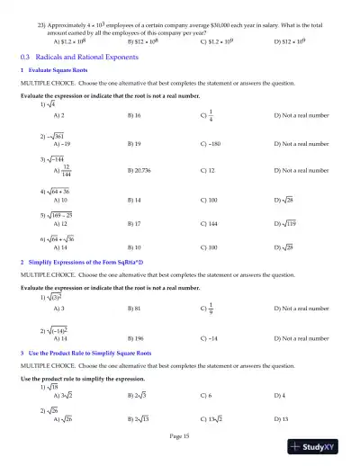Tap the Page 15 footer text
click(x=180, y=435)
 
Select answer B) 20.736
click(x=142, y=170)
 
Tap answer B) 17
click(x=137, y=221)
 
